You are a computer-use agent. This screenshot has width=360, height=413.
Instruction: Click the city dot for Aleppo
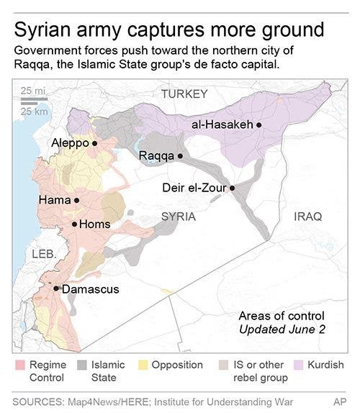(x=94, y=144)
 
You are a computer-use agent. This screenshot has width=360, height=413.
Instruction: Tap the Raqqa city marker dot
(x=180, y=155)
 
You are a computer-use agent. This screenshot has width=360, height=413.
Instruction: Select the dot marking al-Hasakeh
(x=258, y=125)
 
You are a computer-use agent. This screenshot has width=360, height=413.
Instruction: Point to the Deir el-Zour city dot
(x=232, y=189)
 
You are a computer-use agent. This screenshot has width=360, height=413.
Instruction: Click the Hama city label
(x=54, y=201)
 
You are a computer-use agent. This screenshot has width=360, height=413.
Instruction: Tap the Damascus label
(x=90, y=289)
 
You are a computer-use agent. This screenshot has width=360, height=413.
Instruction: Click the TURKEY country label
(x=184, y=94)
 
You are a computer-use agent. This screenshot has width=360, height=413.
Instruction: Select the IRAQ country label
(x=308, y=217)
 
